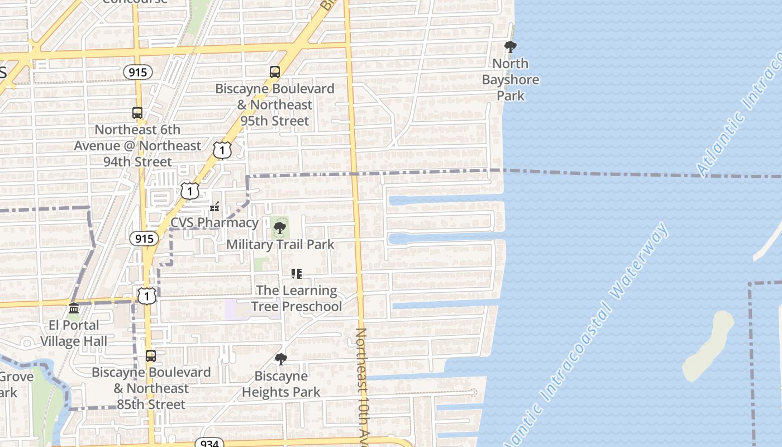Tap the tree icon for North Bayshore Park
510,47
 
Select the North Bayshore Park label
511,79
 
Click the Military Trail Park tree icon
280,228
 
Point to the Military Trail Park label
280,244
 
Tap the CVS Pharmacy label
214,222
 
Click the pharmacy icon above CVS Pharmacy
214,207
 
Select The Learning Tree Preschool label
297,298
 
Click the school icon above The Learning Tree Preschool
297,274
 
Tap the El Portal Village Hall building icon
74,308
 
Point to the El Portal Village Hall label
74,333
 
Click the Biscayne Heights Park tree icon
281,359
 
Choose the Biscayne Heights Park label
281,384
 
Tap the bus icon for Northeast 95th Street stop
274,72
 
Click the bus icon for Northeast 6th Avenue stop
137,112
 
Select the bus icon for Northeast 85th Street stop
151,356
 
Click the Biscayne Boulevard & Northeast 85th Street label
151,388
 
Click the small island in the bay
708,345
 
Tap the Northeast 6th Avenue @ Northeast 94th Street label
138,145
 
